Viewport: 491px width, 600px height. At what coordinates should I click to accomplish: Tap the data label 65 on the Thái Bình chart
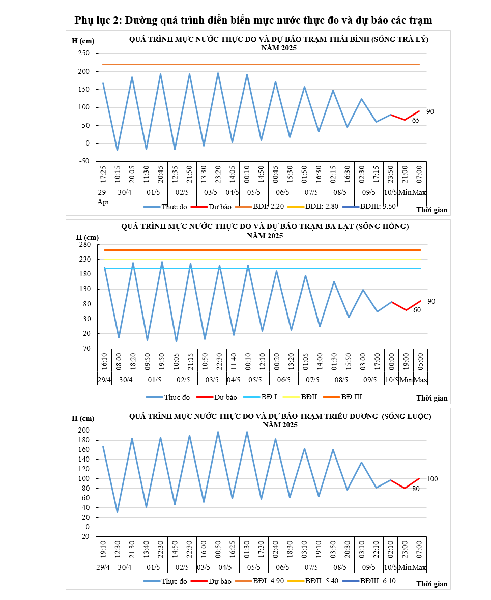click(415, 121)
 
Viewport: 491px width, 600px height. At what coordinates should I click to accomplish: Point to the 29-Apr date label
click(103, 197)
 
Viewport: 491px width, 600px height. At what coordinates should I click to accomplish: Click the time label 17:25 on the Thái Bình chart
click(103, 173)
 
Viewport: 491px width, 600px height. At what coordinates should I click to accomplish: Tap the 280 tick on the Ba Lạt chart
click(84, 244)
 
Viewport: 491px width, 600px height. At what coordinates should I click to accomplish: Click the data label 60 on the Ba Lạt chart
click(417, 310)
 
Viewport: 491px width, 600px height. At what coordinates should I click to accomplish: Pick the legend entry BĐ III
click(352, 396)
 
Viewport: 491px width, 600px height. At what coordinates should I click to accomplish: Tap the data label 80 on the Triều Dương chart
click(416, 489)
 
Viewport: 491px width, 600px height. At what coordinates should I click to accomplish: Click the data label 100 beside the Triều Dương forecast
click(432, 479)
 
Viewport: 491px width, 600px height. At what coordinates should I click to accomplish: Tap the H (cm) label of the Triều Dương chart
click(83, 418)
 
